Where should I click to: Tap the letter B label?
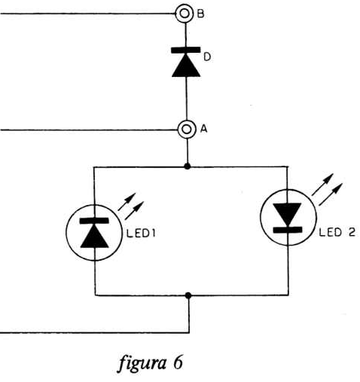(x=201, y=14)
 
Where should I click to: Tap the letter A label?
(x=204, y=129)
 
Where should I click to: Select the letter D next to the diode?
(x=207, y=57)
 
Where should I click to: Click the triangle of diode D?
(x=186, y=66)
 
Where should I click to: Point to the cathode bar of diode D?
(x=186, y=50)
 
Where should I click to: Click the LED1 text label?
(x=141, y=234)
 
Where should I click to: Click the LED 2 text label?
(x=337, y=232)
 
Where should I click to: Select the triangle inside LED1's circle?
(x=95, y=237)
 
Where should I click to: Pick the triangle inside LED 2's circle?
(x=287, y=215)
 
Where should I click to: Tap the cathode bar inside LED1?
(x=94, y=221)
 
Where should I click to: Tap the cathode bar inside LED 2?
(x=288, y=230)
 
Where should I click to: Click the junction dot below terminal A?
(x=187, y=166)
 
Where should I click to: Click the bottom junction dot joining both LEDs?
(x=188, y=295)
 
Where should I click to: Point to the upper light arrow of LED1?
(x=127, y=202)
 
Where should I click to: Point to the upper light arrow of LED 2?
(x=322, y=185)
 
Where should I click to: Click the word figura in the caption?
(x=142, y=363)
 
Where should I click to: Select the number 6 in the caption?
(x=178, y=362)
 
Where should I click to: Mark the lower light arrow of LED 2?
(x=331, y=194)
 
